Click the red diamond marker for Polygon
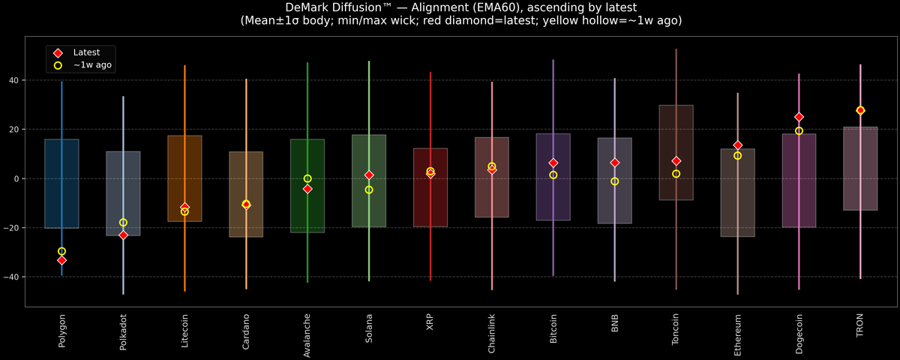61,260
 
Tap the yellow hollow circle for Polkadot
123,223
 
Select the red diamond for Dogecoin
799,117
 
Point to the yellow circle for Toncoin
676,174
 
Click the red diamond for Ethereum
737,145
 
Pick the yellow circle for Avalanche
307,178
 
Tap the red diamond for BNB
614,163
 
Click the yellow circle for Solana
369,190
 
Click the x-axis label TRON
860,327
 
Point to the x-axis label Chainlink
492,334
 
